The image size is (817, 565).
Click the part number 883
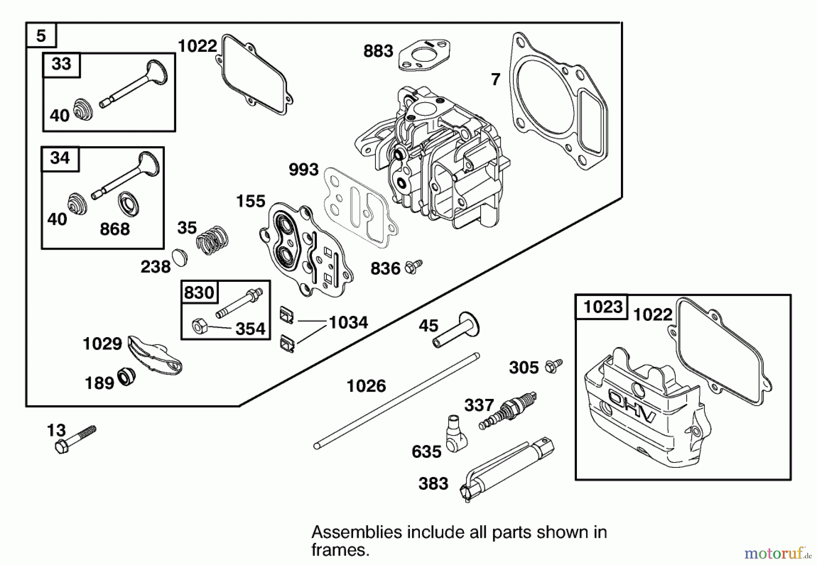point(378,51)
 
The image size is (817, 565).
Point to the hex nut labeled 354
point(200,326)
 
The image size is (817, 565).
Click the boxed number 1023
point(602,307)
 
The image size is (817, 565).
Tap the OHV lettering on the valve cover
point(632,407)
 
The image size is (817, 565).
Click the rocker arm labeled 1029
point(154,355)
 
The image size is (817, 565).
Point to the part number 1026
point(366,386)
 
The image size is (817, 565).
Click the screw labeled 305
point(553,366)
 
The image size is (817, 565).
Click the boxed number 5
point(41,35)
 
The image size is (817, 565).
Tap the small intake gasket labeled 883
point(424,55)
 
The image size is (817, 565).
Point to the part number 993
point(304,170)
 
